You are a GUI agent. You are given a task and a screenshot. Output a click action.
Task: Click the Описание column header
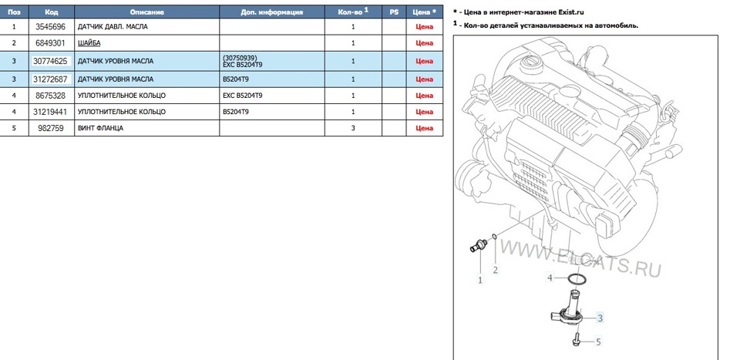pos(146,12)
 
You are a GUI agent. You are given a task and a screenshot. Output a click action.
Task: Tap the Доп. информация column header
pos(271,12)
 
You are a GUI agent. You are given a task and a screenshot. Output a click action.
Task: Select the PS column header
pos(394,12)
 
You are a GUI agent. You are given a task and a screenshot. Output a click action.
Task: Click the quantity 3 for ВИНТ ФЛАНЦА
pos(353,129)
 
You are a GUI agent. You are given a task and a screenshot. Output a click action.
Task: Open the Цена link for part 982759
pos(424,129)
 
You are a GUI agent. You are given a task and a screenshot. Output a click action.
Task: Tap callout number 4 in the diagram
pos(550,278)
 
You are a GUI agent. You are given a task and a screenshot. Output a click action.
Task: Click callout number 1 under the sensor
pos(479,280)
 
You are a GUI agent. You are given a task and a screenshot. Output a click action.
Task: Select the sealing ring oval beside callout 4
pos(583,278)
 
